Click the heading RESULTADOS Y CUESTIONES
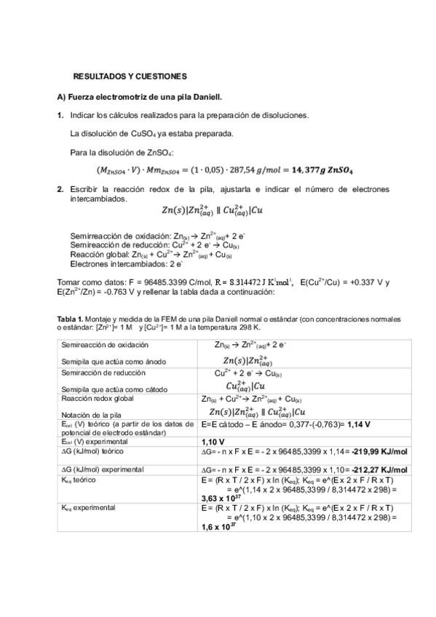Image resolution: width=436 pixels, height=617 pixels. click(131, 76)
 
